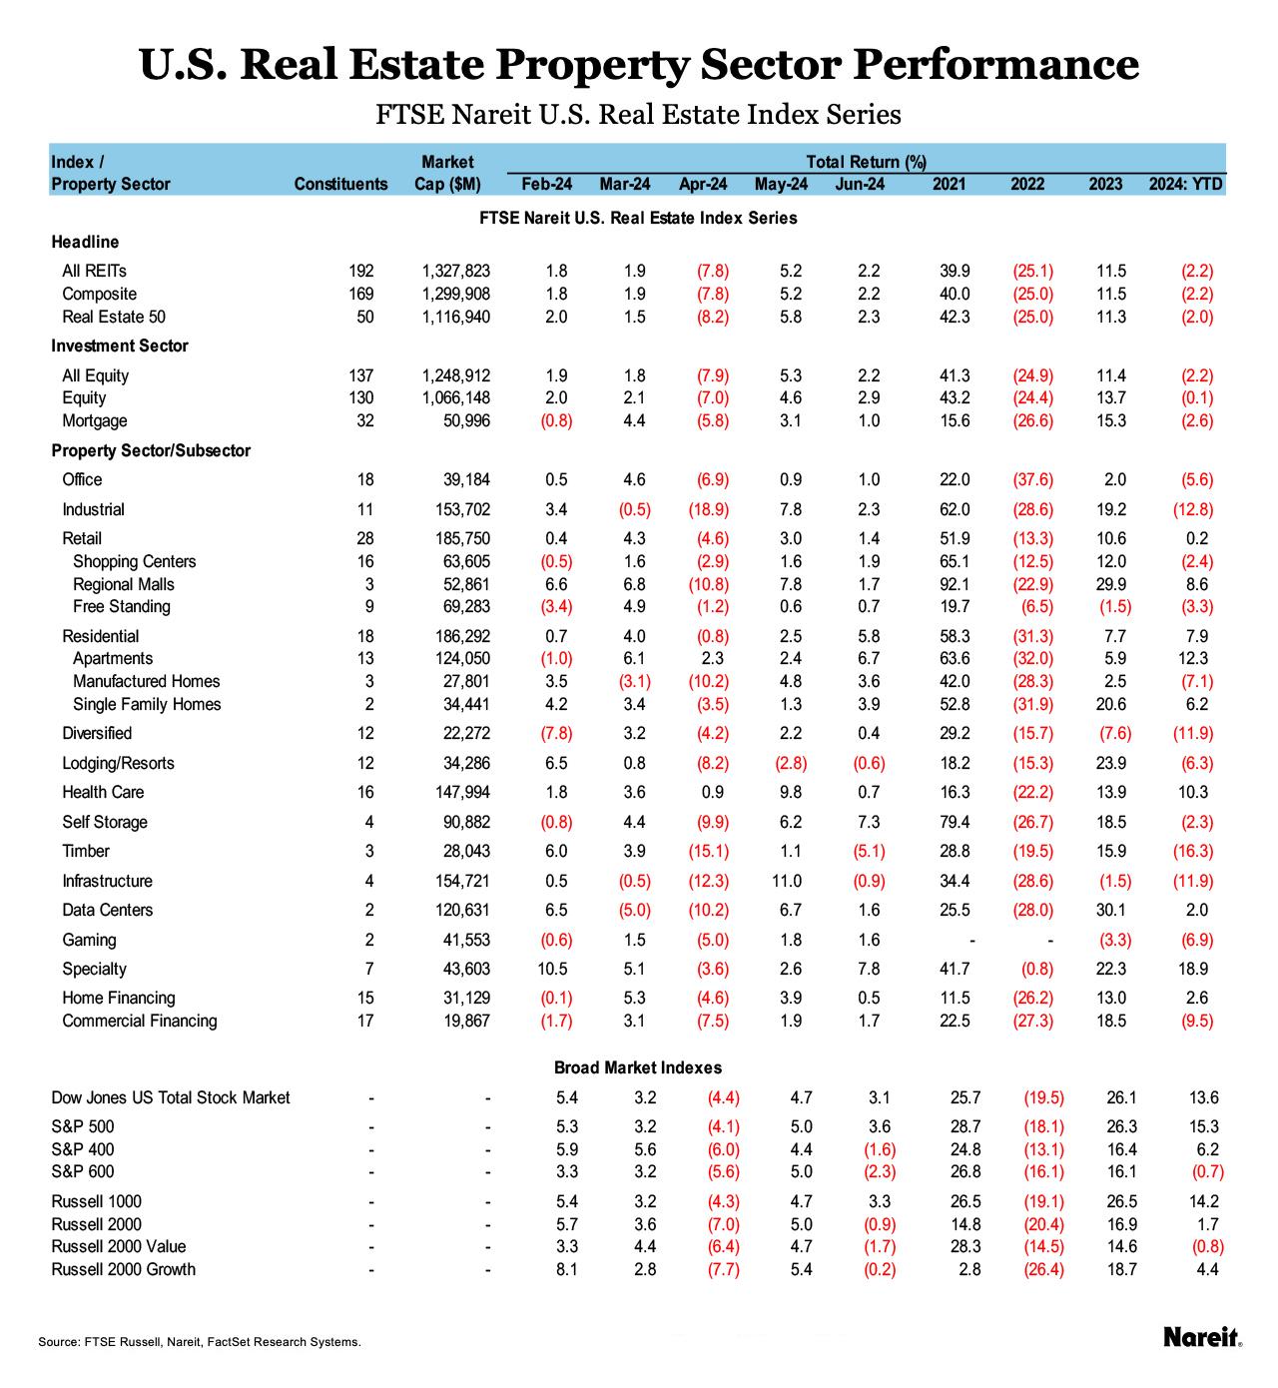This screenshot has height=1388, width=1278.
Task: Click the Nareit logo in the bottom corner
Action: coord(1202,1337)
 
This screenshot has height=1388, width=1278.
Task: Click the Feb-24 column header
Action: coord(547,184)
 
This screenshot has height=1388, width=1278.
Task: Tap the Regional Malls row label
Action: coord(123,584)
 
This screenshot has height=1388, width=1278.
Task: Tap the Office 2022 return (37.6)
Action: coord(1032,479)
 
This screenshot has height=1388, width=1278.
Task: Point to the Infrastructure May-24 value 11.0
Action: coord(787,881)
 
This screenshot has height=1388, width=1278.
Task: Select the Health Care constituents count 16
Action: coord(365,792)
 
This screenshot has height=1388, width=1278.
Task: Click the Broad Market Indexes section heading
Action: coord(638,1067)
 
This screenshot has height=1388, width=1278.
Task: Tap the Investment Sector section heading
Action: coord(120,346)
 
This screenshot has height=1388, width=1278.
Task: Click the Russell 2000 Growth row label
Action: coord(123,1269)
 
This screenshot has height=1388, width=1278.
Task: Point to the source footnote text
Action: coord(200,1342)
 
